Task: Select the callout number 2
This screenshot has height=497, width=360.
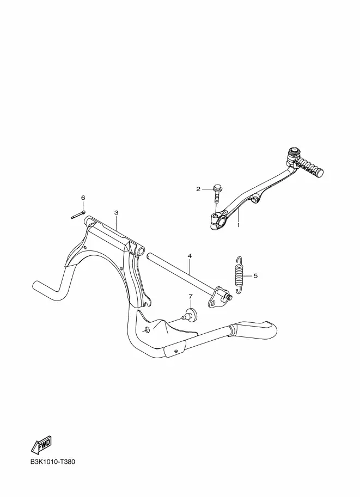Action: (199, 189)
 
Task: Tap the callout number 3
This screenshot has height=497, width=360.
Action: (116, 212)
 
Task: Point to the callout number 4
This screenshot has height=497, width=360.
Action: (190, 255)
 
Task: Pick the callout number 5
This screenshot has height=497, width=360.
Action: (255, 275)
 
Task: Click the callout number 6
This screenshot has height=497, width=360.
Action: (83, 197)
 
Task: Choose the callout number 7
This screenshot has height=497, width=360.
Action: (191, 297)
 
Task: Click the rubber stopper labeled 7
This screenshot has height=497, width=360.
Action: (191, 314)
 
